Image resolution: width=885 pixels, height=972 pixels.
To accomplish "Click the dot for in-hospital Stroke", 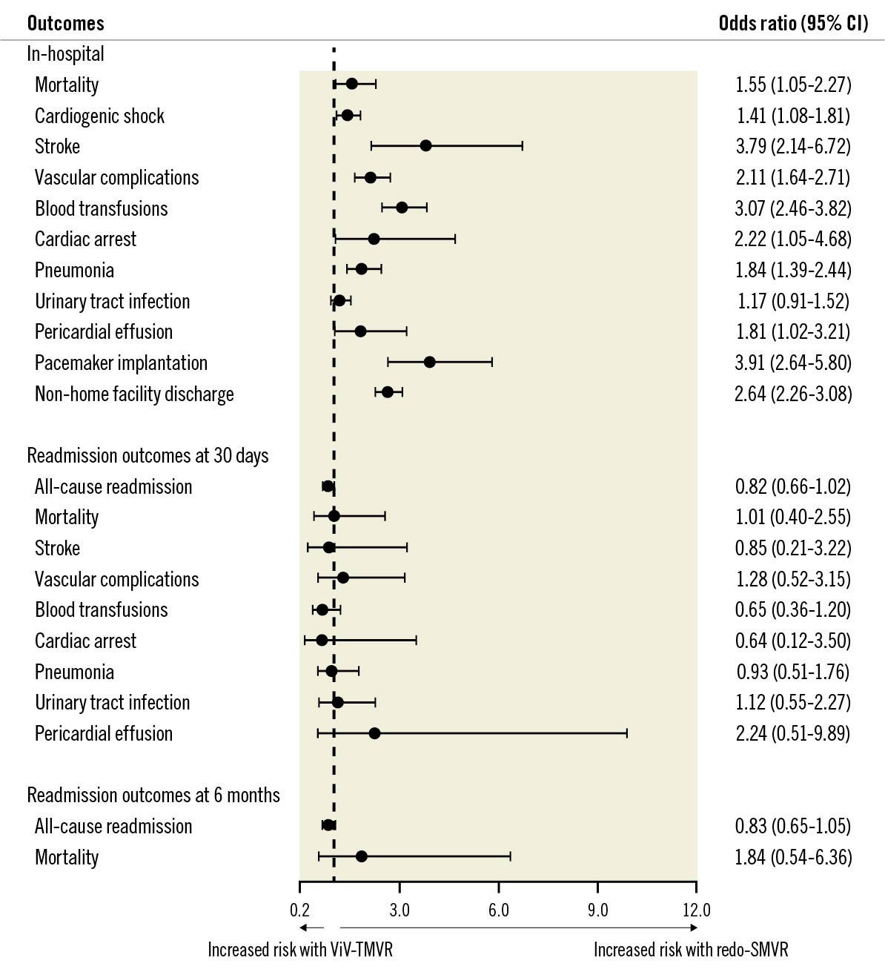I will pyautogui.click(x=425, y=145).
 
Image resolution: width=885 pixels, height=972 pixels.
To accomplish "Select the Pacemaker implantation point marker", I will pyautogui.click(x=429, y=362).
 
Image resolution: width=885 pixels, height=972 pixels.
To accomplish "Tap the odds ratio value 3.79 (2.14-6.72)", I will pyautogui.click(x=793, y=146).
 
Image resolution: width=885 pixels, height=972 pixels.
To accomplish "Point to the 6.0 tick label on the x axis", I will pyautogui.click(x=499, y=910).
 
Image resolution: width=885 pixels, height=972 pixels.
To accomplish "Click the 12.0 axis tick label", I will pyautogui.click(x=696, y=910).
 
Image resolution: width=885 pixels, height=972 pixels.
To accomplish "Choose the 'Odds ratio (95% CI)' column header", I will pyautogui.click(x=793, y=23).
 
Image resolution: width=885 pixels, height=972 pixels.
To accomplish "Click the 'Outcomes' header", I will pyautogui.click(x=66, y=23).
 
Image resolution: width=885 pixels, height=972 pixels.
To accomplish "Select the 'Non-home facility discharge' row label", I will pyautogui.click(x=134, y=394).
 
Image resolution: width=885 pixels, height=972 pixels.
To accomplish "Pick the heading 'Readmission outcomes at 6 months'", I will pyautogui.click(x=153, y=795).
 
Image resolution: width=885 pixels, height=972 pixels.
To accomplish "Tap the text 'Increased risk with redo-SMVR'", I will pyautogui.click(x=691, y=950).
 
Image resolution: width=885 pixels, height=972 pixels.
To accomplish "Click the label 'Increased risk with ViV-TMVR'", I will pyautogui.click(x=300, y=950).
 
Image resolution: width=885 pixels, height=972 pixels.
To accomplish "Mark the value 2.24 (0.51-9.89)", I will pyautogui.click(x=793, y=733).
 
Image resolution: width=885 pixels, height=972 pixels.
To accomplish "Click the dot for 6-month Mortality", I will pyautogui.click(x=361, y=856).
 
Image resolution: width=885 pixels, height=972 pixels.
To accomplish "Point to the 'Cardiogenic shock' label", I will pyautogui.click(x=99, y=116).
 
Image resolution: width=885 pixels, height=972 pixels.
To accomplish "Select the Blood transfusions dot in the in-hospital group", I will pyautogui.click(x=402, y=208).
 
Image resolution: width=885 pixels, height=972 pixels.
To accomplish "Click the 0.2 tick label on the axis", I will pyautogui.click(x=299, y=910).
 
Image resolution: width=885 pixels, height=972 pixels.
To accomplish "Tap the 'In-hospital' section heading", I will pyautogui.click(x=65, y=54).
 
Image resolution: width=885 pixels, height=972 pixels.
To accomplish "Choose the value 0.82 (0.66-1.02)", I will pyautogui.click(x=793, y=486).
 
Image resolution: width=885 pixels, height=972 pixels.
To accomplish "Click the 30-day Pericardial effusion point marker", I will pyautogui.click(x=374, y=733).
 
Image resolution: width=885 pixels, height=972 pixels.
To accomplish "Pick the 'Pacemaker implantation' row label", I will pyautogui.click(x=121, y=363).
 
